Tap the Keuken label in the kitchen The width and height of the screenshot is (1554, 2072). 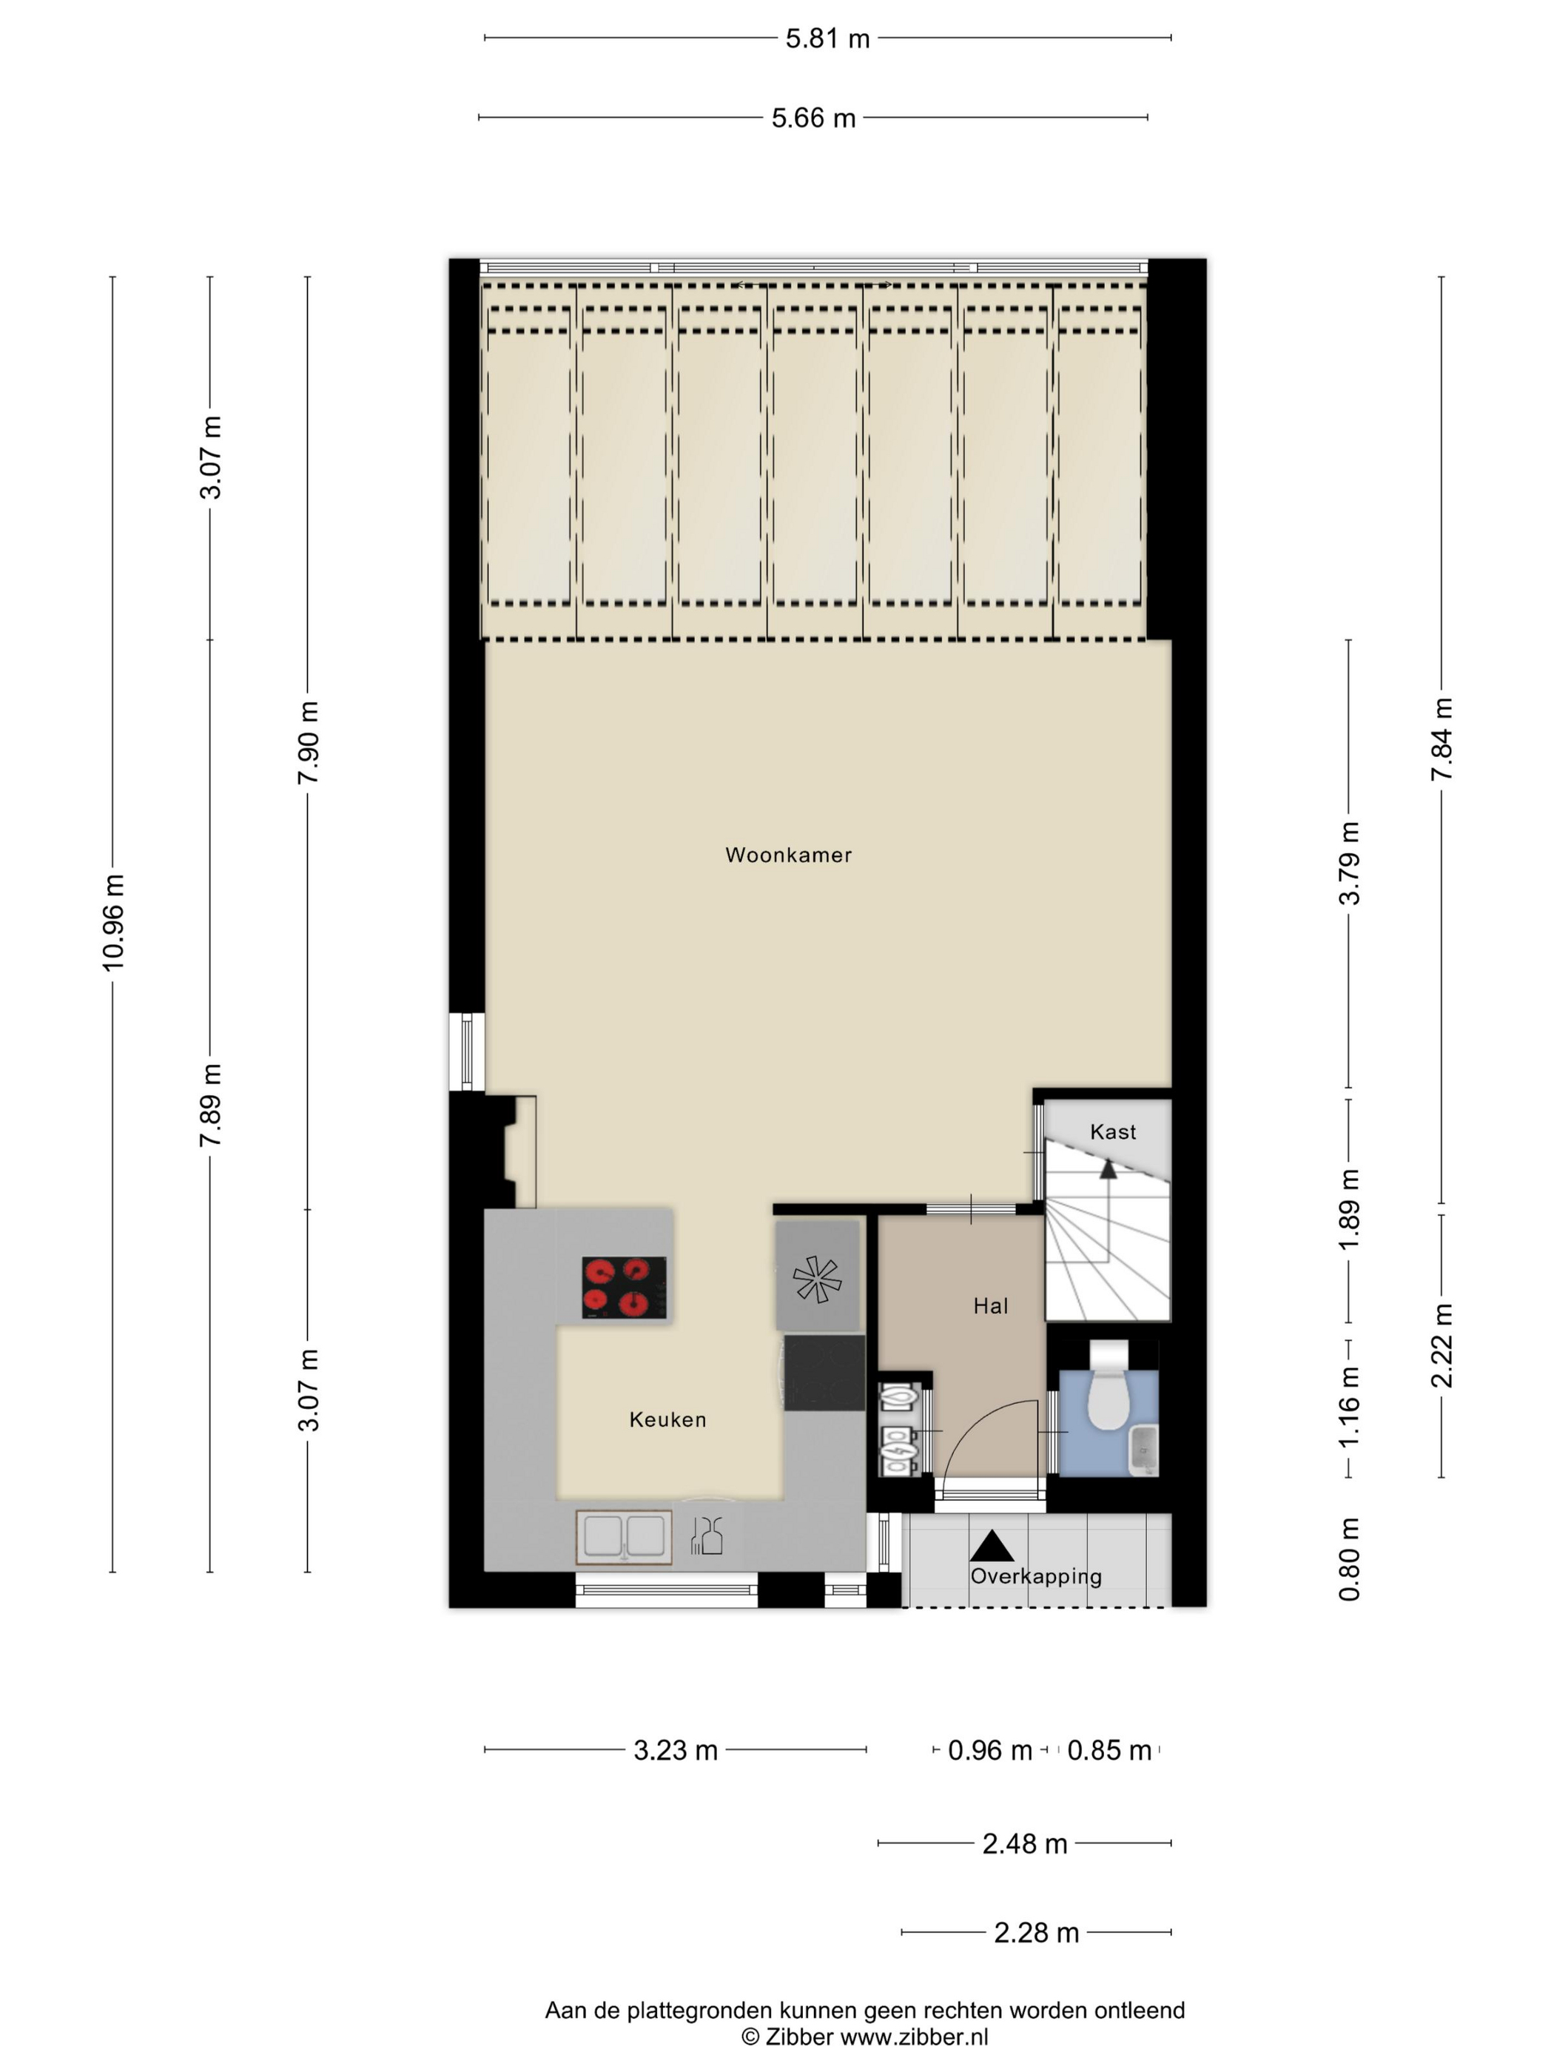(667, 1419)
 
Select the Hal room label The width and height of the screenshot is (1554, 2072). (990, 1306)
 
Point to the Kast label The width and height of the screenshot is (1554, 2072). (1113, 1131)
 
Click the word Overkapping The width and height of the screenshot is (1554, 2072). (1035, 1576)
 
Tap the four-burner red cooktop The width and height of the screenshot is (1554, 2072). (624, 1287)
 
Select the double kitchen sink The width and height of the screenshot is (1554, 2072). (624, 1537)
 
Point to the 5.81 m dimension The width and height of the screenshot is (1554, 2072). (827, 38)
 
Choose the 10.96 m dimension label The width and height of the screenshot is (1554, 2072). (113, 922)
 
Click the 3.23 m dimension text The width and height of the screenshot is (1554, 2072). (676, 1750)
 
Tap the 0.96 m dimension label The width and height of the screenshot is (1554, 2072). (989, 1750)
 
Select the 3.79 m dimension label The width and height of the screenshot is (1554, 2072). (1349, 863)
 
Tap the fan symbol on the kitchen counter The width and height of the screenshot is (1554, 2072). (817, 1279)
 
